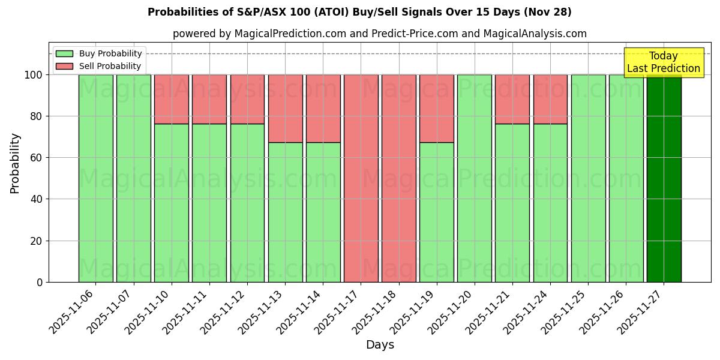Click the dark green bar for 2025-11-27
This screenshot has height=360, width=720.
pyautogui.click(x=664, y=178)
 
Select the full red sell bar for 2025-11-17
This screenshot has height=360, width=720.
pyautogui.click(x=361, y=178)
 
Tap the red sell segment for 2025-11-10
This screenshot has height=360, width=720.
pyautogui.click(x=171, y=99)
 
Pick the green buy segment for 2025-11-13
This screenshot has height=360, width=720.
pyautogui.click(x=285, y=212)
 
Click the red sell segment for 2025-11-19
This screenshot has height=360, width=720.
pyautogui.click(x=436, y=109)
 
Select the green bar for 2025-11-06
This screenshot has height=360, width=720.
pyautogui.click(x=95, y=178)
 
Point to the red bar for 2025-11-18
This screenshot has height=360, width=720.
pyautogui.click(x=398, y=178)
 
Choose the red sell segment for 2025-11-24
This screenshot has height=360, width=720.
pyautogui.click(x=550, y=99)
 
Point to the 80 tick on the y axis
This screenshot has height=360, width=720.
pyautogui.click(x=36, y=116)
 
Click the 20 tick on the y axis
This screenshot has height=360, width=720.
pyautogui.click(x=36, y=241)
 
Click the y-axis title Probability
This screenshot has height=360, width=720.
pyautogui.click(x=15, y=163)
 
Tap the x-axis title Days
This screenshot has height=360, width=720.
pyautogui.click(x=380, y=345)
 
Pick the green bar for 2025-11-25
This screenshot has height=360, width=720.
pyautogui.click(x=588, y=178)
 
